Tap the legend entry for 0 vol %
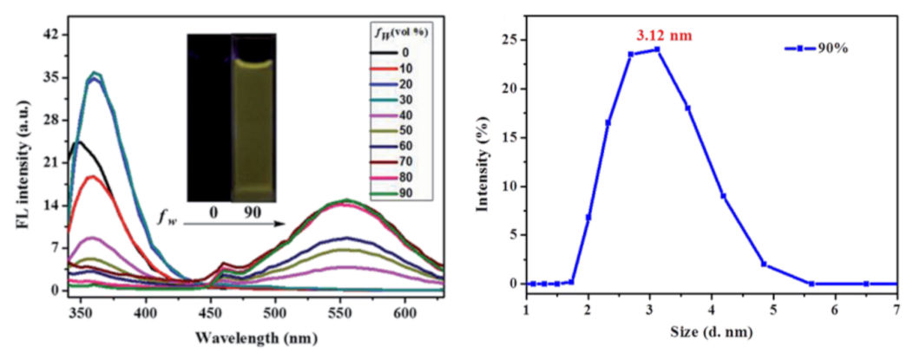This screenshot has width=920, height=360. click(405, 53)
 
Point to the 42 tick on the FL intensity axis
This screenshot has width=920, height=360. click(50, 35)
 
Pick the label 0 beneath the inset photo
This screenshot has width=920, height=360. click(209, 212)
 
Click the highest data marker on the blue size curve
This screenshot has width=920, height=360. click(657, 49)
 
